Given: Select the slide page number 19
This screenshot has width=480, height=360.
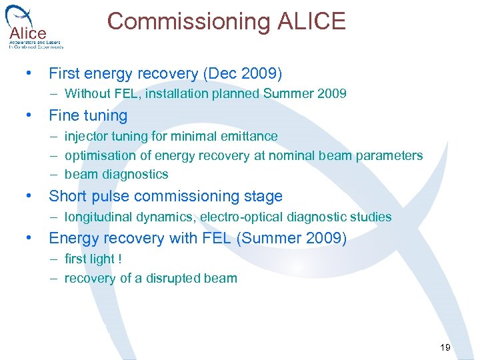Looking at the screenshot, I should (445, 347).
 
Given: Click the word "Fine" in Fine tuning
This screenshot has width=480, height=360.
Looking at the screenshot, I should (63, 115).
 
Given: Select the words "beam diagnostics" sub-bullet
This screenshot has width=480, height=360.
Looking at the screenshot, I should (116, 174).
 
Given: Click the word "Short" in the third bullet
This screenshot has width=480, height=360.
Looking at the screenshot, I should (67, 197).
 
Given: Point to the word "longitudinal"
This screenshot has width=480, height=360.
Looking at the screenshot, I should (97, 217).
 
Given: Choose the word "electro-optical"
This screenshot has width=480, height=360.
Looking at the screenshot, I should (243, 217).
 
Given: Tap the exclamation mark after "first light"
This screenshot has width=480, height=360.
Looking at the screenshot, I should (120, 258).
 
